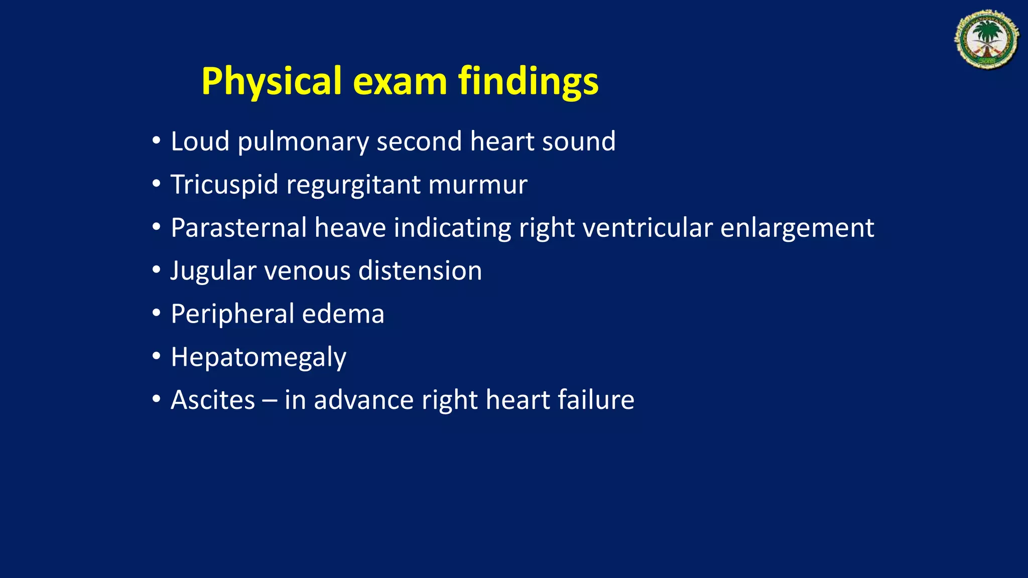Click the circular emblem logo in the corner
click(x=986, y=40)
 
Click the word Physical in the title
click(x=272, y=81)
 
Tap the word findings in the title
click(x=528, y=81)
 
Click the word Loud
click(x=200, y=141)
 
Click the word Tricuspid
click(x=224, y=185)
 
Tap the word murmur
click(x=477, y=185)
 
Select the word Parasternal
click(x=238, y=228)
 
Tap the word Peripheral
click(x=232, y=314)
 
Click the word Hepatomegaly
click(x=259, y=358)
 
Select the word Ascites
click(x=213, y=400)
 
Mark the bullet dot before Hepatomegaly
click(x=157, y=356)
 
